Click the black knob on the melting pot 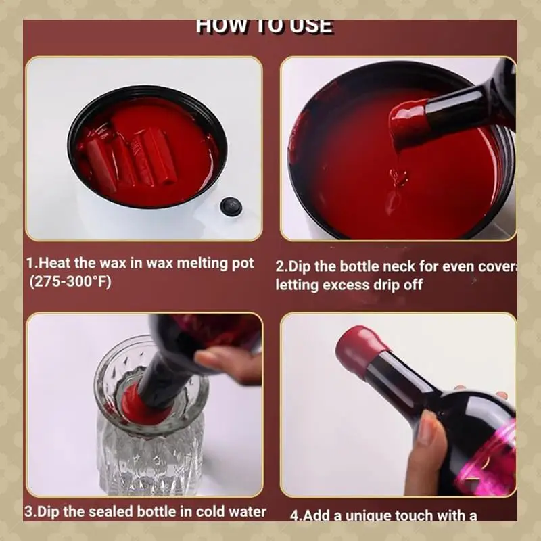(231, 206)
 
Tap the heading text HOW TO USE (264, 26)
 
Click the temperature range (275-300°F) (70, 281)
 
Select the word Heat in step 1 (53, 263)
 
